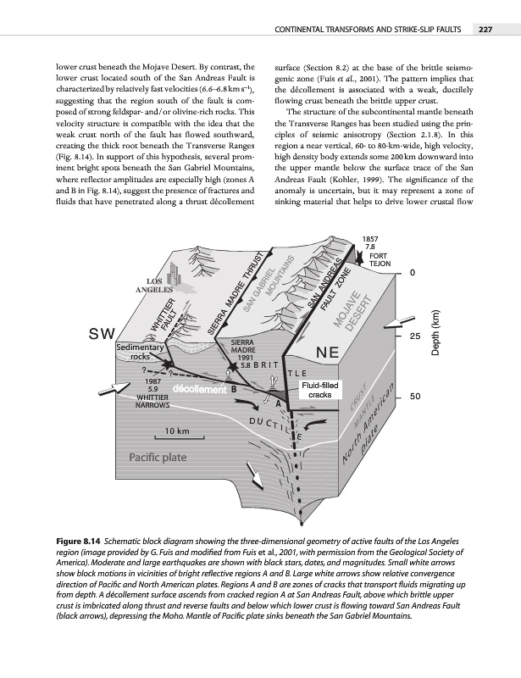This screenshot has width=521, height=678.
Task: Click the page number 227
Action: (x=485, y=31)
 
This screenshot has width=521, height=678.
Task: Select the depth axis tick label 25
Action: (x=415, y=336)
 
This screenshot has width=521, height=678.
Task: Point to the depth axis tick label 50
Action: (x=415, y=396)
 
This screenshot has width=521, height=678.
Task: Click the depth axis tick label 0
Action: (x=412, y=273)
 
